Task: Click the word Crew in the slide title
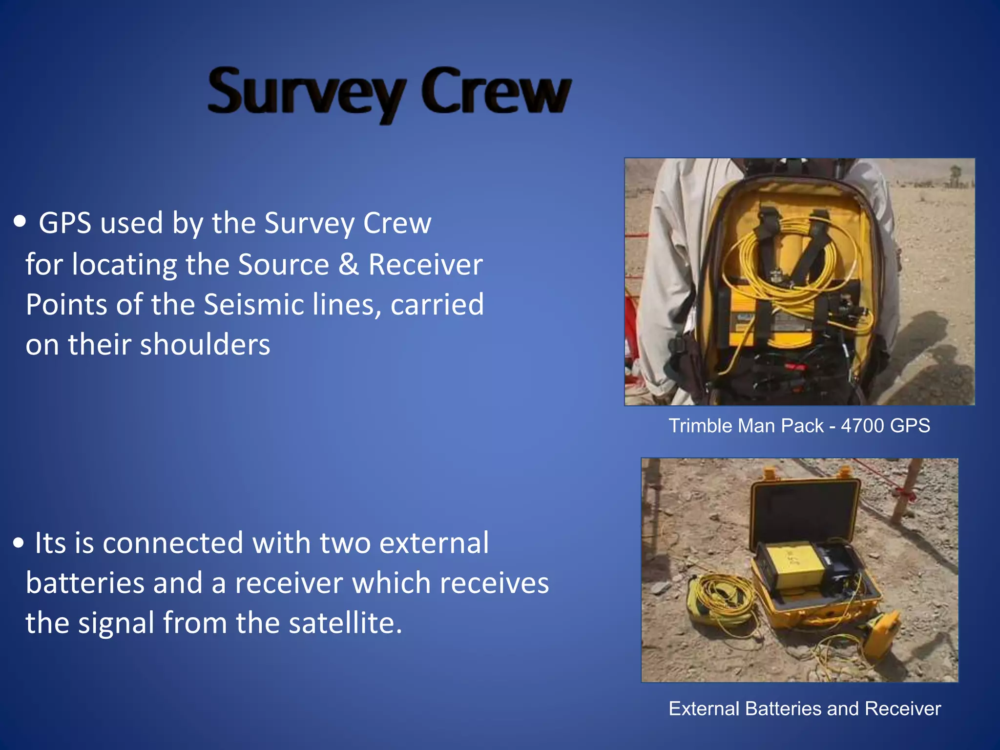pos(496,91)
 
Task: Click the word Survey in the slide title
pos(307,93)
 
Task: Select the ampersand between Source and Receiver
pos(349,264)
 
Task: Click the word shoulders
pos(205,344)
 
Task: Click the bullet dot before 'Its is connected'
pos(19,543)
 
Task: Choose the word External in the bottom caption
pos(704,708)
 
